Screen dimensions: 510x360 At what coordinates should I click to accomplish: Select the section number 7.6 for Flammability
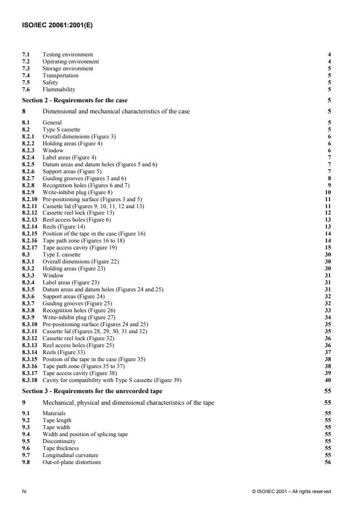tap(26, 89)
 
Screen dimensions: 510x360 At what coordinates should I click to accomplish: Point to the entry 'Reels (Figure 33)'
tap(61, 330)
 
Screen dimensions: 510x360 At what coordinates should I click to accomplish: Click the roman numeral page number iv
tap(24, 491)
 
